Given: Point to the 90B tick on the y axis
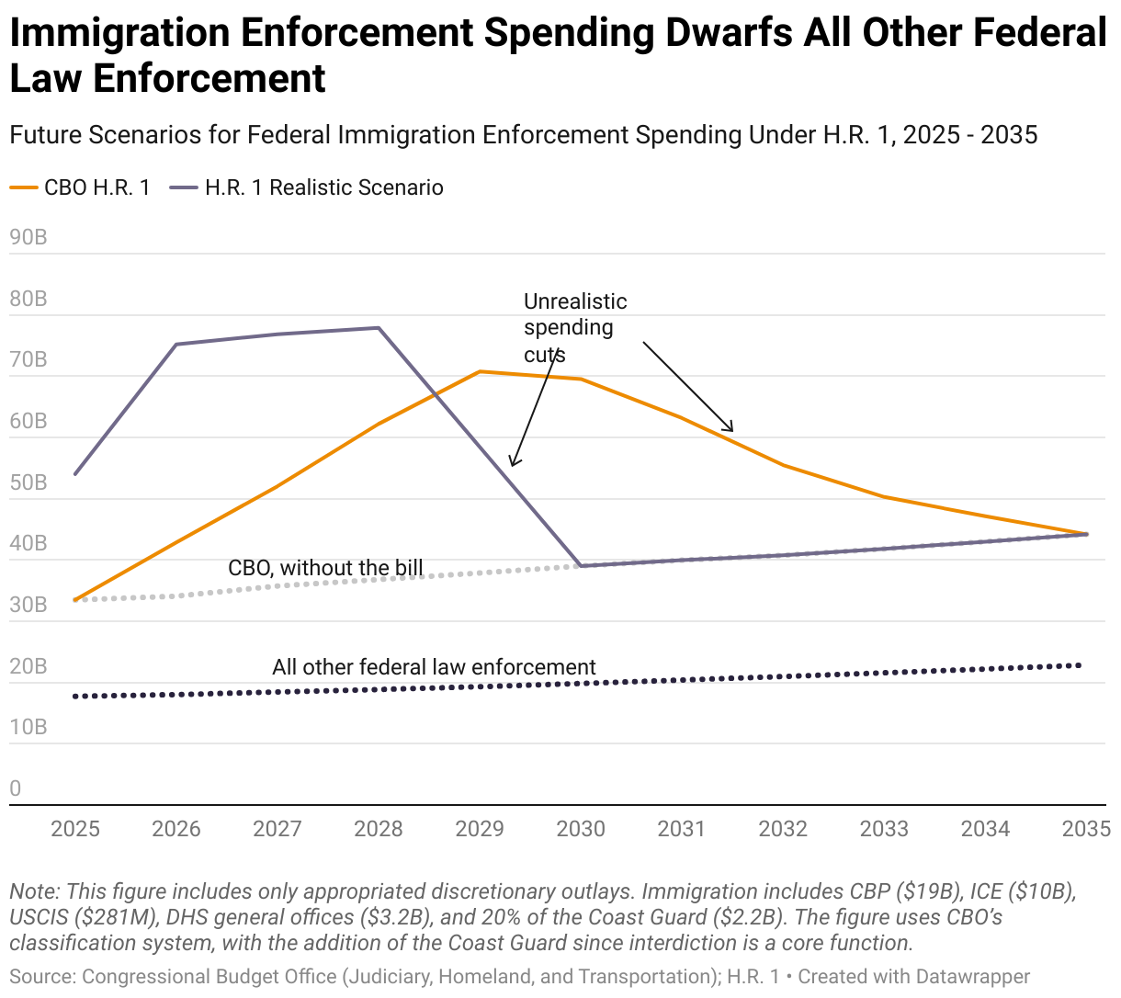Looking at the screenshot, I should coord(28,238).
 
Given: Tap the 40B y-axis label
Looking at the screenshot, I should coord(28,543).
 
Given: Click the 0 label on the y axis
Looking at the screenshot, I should coord(16,788).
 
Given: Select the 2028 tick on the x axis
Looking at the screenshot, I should coord(379,829).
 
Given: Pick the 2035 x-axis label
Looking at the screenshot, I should coord(1086,829).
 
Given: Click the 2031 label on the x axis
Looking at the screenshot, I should coord(682,829).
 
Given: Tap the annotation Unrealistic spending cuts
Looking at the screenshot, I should coord(574,328).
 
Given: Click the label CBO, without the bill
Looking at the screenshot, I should coord(325,568).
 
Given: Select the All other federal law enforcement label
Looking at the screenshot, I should coord(434,667).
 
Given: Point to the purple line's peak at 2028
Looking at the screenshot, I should coord(379,328).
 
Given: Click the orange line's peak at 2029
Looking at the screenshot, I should coord(480,371).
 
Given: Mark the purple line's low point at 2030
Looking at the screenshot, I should coord(581,565).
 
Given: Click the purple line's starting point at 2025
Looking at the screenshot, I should coord(75,474).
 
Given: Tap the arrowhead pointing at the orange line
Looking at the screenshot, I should coord(731,429).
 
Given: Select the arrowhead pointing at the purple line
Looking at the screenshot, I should coord(513,463).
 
